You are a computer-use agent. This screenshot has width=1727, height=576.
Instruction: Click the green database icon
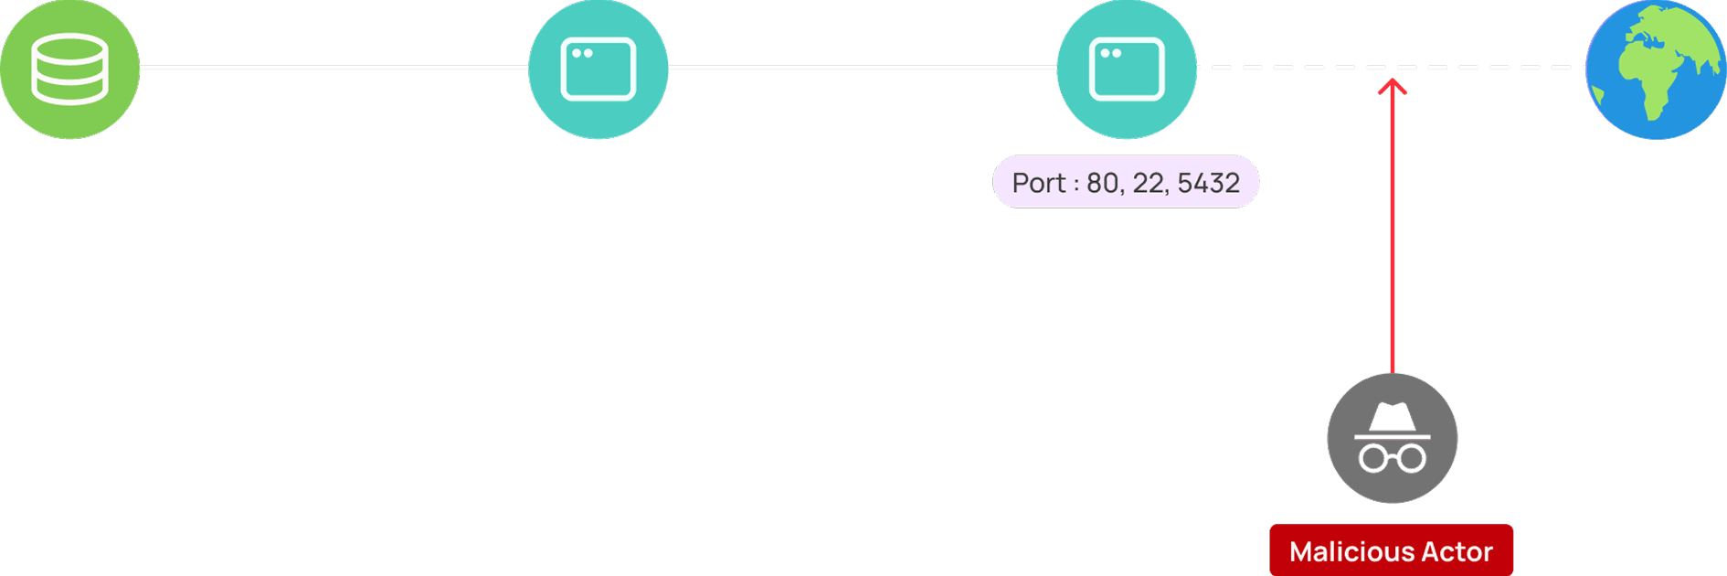tap(69, 69)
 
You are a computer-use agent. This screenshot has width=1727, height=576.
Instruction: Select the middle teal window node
tap(599, 69)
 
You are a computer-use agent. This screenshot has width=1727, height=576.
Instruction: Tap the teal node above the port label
tap(1127, 69)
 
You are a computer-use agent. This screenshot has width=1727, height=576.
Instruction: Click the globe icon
tap(1656, 69)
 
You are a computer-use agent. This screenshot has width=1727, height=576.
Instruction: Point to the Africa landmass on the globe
tap(1649, 78)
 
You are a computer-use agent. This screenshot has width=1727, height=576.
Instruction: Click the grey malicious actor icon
tap(1392, 438)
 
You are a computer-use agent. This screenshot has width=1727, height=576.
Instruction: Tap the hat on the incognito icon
tap(1392, 418)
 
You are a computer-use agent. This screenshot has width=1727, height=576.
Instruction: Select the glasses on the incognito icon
tap(1392, 456)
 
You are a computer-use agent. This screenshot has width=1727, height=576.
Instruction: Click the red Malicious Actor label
tap(1391, 550)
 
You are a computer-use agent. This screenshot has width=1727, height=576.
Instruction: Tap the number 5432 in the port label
tap(1208, 183)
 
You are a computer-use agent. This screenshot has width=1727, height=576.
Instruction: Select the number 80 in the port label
tap(1102, 183)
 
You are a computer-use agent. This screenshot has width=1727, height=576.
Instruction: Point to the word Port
tap(1039, 183)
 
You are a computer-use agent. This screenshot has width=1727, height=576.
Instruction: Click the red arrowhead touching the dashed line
tap(1392, 85)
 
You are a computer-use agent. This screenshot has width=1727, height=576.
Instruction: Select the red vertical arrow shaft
tap(1392, 229)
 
